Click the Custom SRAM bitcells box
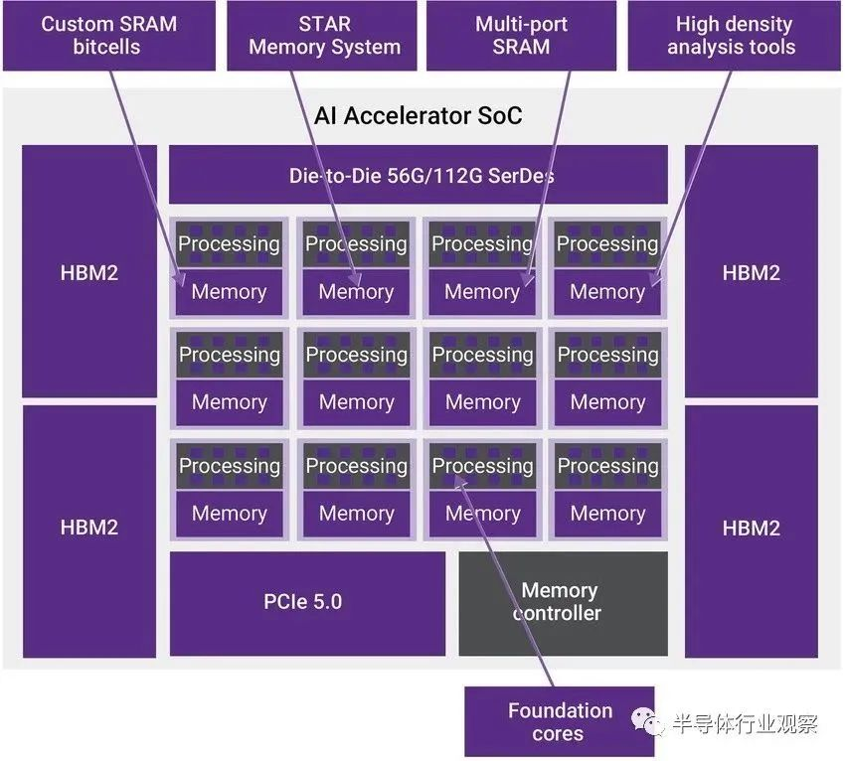pos(109,36)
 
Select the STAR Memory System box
pos(322,36)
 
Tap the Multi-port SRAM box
pos(521,36)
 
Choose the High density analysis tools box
pos(734,36)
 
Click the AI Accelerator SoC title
pos(418,116)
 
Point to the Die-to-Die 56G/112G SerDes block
pos(419,175)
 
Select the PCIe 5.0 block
pos(307,603)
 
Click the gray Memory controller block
pos(563,603)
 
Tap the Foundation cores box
pos(560,721)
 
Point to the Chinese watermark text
pos(745,723)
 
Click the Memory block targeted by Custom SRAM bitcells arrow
pos(229,292)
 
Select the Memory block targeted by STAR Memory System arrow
pos(356,292)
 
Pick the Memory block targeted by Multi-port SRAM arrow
pos(482,292)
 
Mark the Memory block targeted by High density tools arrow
pos(607,292)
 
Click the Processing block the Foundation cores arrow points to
pos(482,466)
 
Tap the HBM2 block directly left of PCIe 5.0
pos(89,532)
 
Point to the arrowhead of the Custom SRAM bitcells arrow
pos(179,282)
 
